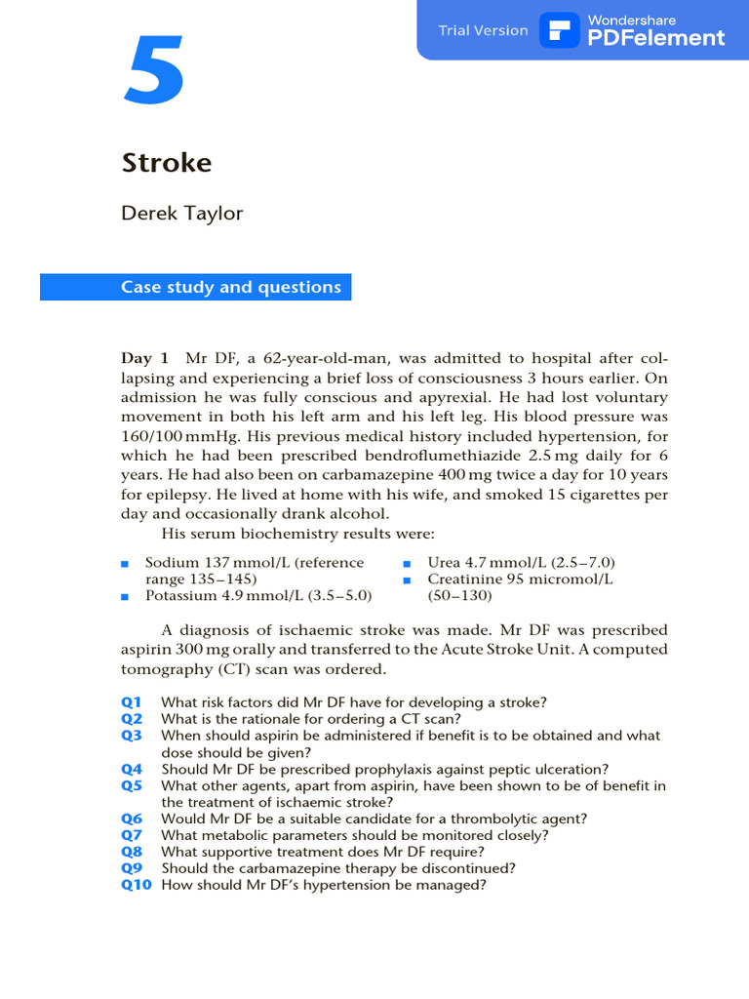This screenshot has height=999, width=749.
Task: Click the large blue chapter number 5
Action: [153, 72]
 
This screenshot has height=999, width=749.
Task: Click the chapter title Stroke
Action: [167, 162]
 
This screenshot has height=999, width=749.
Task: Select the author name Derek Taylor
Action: [182, 214]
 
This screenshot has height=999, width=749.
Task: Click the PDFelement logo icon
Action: [562, 30]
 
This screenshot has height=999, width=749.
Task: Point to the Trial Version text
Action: [483, 30]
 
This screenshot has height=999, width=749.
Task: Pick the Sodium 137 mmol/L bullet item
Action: [254, 563]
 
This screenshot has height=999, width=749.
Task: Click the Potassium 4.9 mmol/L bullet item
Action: [258, 594]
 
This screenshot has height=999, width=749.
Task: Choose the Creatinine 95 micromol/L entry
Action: [520, 579]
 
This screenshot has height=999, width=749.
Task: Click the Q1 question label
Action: [132, 702]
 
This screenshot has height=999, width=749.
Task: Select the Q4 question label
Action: [132, 769]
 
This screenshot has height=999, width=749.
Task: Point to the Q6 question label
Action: [132, 819]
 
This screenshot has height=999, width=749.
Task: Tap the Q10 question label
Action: [137, 885]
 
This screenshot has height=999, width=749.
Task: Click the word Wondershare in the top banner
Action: [631, 20]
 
